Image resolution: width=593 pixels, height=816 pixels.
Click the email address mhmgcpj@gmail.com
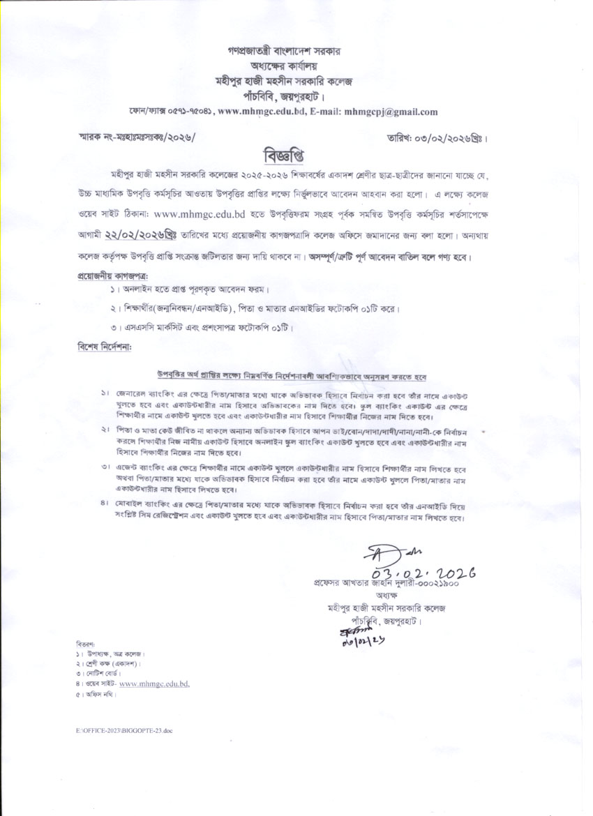pyautogui.click(x=391, y=111)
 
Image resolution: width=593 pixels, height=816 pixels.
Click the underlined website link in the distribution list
pyautogui.click(x=155, y=684)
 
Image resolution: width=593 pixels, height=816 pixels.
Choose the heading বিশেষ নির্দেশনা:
pyautogui.click(x=105, y=346)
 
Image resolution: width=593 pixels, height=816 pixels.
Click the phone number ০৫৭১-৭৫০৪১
pyautogui.click(x=186, y=111)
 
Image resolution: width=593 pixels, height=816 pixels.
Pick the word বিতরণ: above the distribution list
pyautogui.click(x=86, y=642)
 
